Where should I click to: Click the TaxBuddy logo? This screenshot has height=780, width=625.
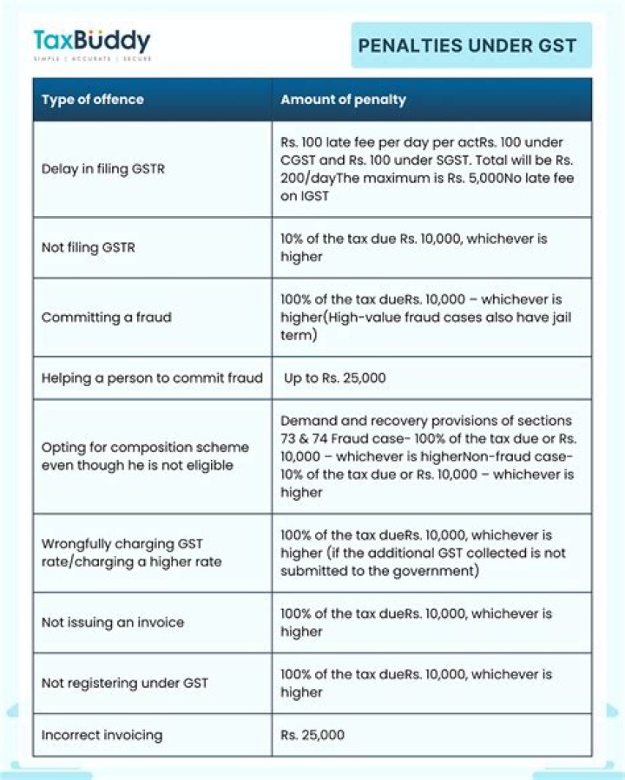pyautogui.click(x=91, y=41)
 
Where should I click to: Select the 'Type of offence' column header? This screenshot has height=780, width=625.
pyautogui.click(x=93, y=99)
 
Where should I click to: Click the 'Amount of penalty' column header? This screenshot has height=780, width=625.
pyautogui.click(x=343, y=99)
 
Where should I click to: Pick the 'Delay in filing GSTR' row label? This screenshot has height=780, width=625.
pyautogui.click(x=102, y=168)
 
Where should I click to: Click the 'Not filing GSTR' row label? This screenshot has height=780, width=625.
pyautogui.click(x=88, y=247)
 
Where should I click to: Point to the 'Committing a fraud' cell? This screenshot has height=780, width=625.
pyautogui.click(x=106, y=317)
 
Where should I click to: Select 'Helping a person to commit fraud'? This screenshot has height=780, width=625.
pyautogui.click(x=152, y=377)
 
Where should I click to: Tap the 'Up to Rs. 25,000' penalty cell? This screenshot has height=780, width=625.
pyautogui.click(x=335, y=377)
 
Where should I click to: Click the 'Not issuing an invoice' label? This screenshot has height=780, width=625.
pyautogui.click(x=113, y=622)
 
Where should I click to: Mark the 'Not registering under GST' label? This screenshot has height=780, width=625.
pyautogui.click(x=125, y=683)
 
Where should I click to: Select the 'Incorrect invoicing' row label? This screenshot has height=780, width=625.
pyautogui.click(x=102, y=735)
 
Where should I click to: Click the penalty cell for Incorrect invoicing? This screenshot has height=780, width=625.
pyautogui.click(x=312, y=735)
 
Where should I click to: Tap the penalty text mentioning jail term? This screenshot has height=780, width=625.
pyautogui.click(x=425, y=317)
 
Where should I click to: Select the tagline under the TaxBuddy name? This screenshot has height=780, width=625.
pyautogui.click(x=91, y=58)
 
